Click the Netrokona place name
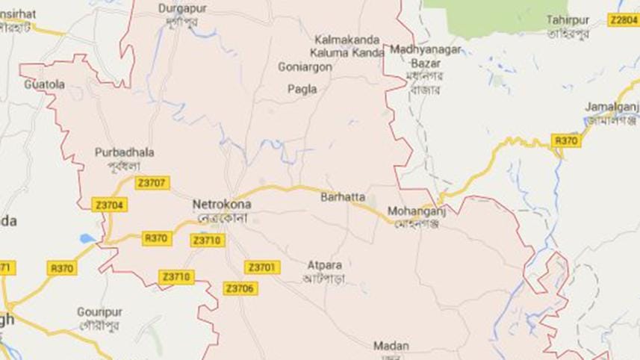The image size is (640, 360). point(222,204)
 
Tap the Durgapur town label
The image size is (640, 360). point(182,8)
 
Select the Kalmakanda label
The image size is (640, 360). point(347,39)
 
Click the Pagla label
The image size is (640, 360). point(302,89)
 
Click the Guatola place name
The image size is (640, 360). point(45,84)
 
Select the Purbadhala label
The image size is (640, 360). point(125,152)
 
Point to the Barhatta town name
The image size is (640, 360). point(343,197)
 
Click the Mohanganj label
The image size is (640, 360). point(411,211)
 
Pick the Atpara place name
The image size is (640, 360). point(323,264)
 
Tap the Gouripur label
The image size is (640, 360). point(99,311)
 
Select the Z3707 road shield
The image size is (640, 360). point(152,183)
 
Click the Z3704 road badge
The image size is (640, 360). point(108,205)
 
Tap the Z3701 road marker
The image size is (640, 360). point(262,267)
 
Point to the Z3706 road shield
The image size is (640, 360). point(240,288)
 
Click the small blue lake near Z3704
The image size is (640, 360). point(87,239)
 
